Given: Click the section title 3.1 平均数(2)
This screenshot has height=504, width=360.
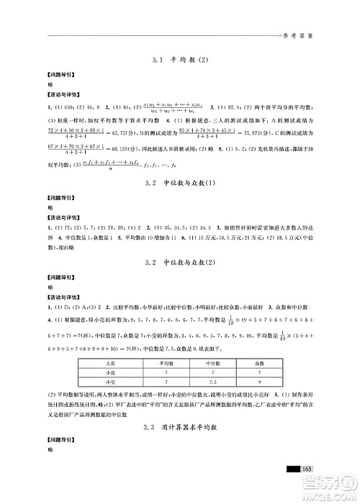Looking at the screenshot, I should (180, 63).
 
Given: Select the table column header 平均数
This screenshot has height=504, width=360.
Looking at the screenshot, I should (166, 385).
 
